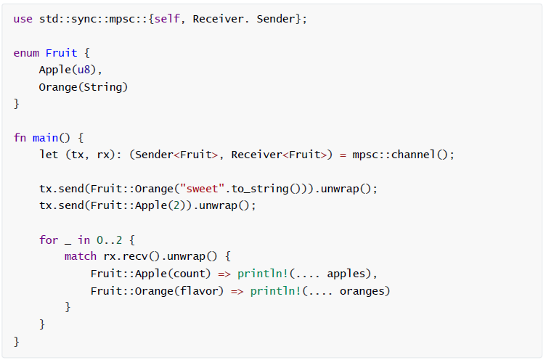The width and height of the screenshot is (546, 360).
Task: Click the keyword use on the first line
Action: tap(23, 19)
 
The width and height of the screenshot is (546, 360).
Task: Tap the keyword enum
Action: tap(26, 53)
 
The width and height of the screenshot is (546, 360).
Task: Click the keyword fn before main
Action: tap(20, 137)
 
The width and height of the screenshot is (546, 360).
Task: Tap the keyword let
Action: tap(49, 155)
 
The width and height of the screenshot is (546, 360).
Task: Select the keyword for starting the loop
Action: tap(49, 240)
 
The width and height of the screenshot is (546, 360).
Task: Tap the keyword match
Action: tap(80, 256)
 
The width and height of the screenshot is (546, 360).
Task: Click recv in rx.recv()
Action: tap(125, 256)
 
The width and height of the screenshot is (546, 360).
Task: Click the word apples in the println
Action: tap(346, 274)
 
